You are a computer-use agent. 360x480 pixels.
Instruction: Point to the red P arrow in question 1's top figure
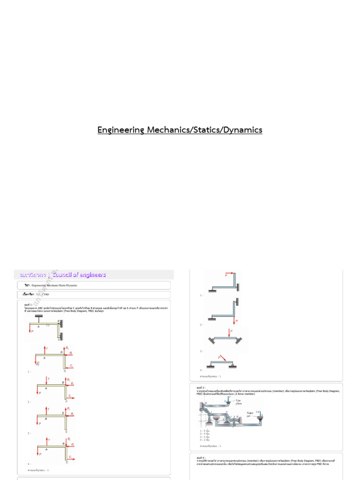coord(30,331)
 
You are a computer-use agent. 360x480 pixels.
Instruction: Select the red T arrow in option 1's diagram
coord(45,349)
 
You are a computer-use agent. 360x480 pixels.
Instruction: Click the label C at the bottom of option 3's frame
coord(65,431)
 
